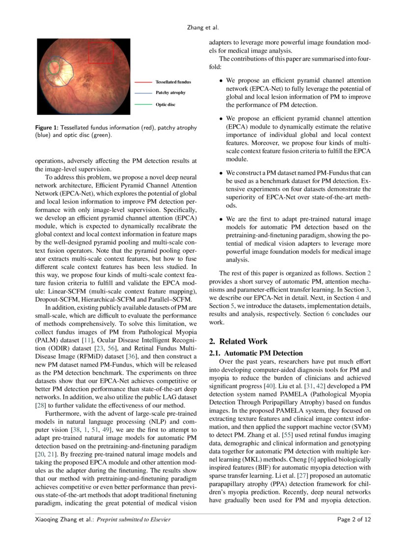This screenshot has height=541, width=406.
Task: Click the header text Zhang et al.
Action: [x=203, y=28]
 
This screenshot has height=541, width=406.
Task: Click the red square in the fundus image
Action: [x=101, y=53]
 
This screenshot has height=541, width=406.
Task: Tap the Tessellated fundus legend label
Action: [x=173, y=81]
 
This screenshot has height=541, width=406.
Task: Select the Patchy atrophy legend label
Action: [x=170, y=92]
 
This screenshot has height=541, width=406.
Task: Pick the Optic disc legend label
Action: [x=165, y=104]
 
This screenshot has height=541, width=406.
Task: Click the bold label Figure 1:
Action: [x=47, y=128]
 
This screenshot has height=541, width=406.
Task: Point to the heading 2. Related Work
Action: [x=238, y=341]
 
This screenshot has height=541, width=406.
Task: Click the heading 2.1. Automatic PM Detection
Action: [x=256, y=353]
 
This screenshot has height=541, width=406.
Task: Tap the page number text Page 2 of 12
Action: [x=353, y=519]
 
